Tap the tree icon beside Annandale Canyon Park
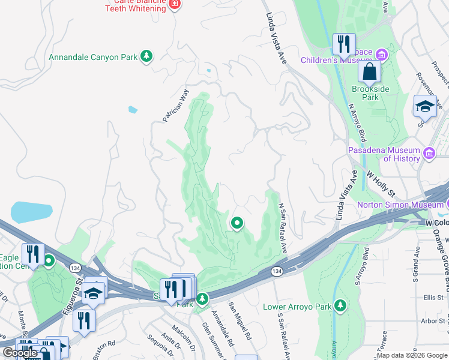pyautogui.click(x=146, y=56)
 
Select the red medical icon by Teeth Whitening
pyautogui.click(x=175, y=5)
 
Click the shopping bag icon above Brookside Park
pyautogui.click(x=370, y=72)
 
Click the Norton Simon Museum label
pyautogui.click(x=400, y=205)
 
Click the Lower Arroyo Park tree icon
pyautogui.click(x=340, y=307)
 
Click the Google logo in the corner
pyautogui.click(x=20, y=353)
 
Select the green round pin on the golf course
pyautogui.click(x=237, y=224)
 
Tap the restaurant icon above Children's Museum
pyautogui.click(x=344, y=43)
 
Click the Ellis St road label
pyautogui.click(x=432, y=297)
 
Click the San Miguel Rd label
pyautogui.click(x=239, y=319)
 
